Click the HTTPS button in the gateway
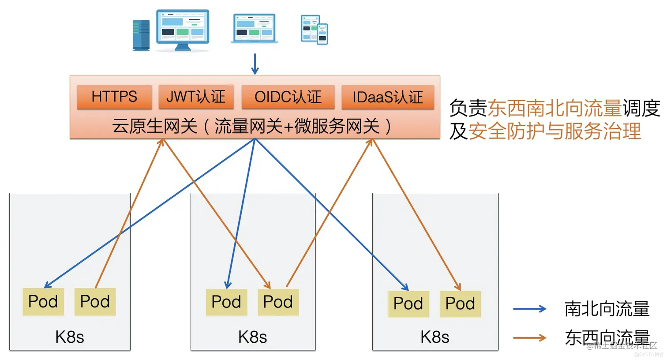click(x=114, y=97)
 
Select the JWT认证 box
click(x=195, y=97)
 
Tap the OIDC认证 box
click(x=288, y=97)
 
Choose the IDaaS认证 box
click(x=388, y=97)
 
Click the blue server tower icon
click(x=141, y=35)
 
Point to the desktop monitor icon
click(x=183, y=30)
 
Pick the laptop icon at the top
click(x=254, y=29)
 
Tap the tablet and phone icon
click(x=314, y=30)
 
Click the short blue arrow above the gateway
click(x=255, y=64)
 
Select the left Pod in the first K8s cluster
click(x=43, y=302)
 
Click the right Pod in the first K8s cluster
click(x=95, y=302)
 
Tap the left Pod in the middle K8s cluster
click(x=226, y=302)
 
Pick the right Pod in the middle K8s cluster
click(x=278, y=302)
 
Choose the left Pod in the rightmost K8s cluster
click(x=408, y=304)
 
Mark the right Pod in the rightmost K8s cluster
click(x=460, y=304)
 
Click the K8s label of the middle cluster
click(x=252, y=337)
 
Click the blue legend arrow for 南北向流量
click(x=529, y=309)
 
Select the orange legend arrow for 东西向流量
click(x=529, y=338)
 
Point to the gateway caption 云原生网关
click(x=154, y=126)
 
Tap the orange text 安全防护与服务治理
click(x=555, y=131)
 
